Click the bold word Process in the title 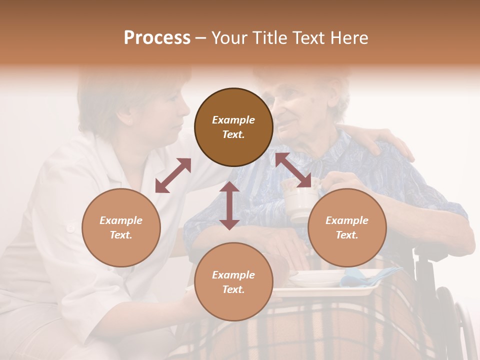click(x=157, y=38)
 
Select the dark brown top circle click(x=233, y=127)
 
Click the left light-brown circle click(x=121, y=227)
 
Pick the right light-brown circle click(x=347, y=227)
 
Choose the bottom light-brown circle click(x=233, y=281)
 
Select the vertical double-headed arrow click(x=229, y=205)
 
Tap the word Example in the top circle click(x=233, y=120)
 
